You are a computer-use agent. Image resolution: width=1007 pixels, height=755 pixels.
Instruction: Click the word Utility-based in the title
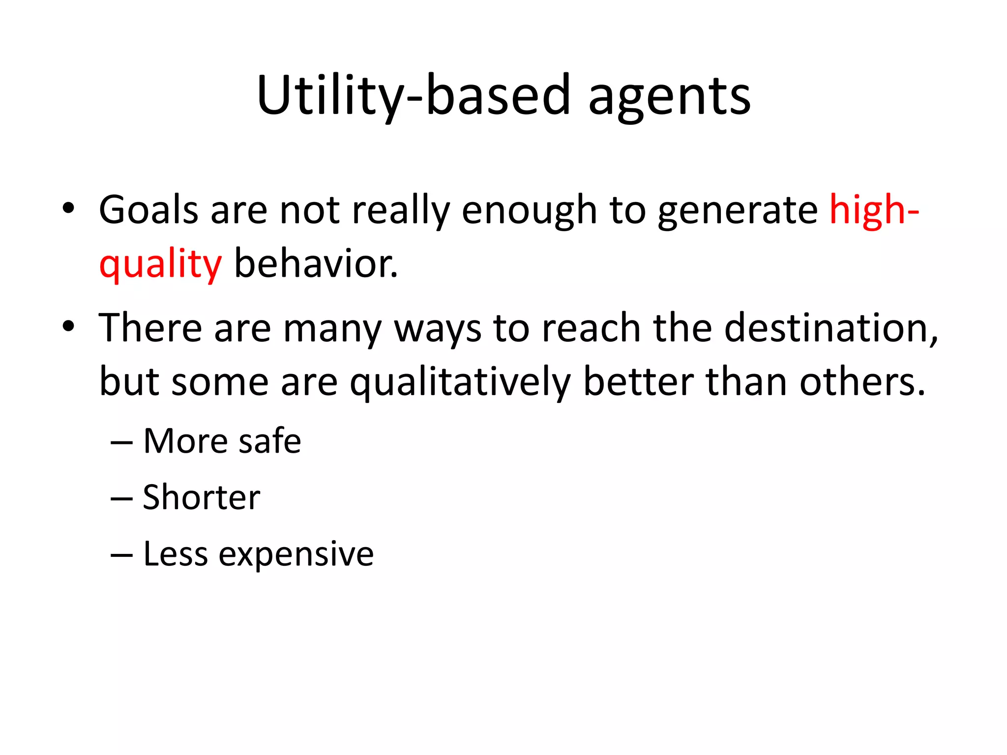[413, 96]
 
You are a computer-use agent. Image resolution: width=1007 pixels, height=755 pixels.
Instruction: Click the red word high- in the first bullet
[874, 210]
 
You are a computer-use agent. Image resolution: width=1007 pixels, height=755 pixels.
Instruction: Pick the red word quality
[160, 264]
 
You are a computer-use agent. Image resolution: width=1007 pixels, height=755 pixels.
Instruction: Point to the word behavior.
[316, 264]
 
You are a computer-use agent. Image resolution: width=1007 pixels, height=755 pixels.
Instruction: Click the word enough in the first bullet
[529, 210]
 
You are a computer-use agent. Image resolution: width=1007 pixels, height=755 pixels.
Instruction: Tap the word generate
[738, 210]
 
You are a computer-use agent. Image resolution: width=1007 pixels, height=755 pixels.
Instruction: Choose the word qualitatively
[460, 382]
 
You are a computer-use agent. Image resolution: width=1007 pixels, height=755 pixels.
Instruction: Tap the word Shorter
[201, 497]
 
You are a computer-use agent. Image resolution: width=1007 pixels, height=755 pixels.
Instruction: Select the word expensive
[296, 554]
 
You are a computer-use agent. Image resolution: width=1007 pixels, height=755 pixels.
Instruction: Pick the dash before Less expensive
[121, 556]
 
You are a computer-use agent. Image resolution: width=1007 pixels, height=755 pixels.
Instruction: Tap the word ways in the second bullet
[438, 328]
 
